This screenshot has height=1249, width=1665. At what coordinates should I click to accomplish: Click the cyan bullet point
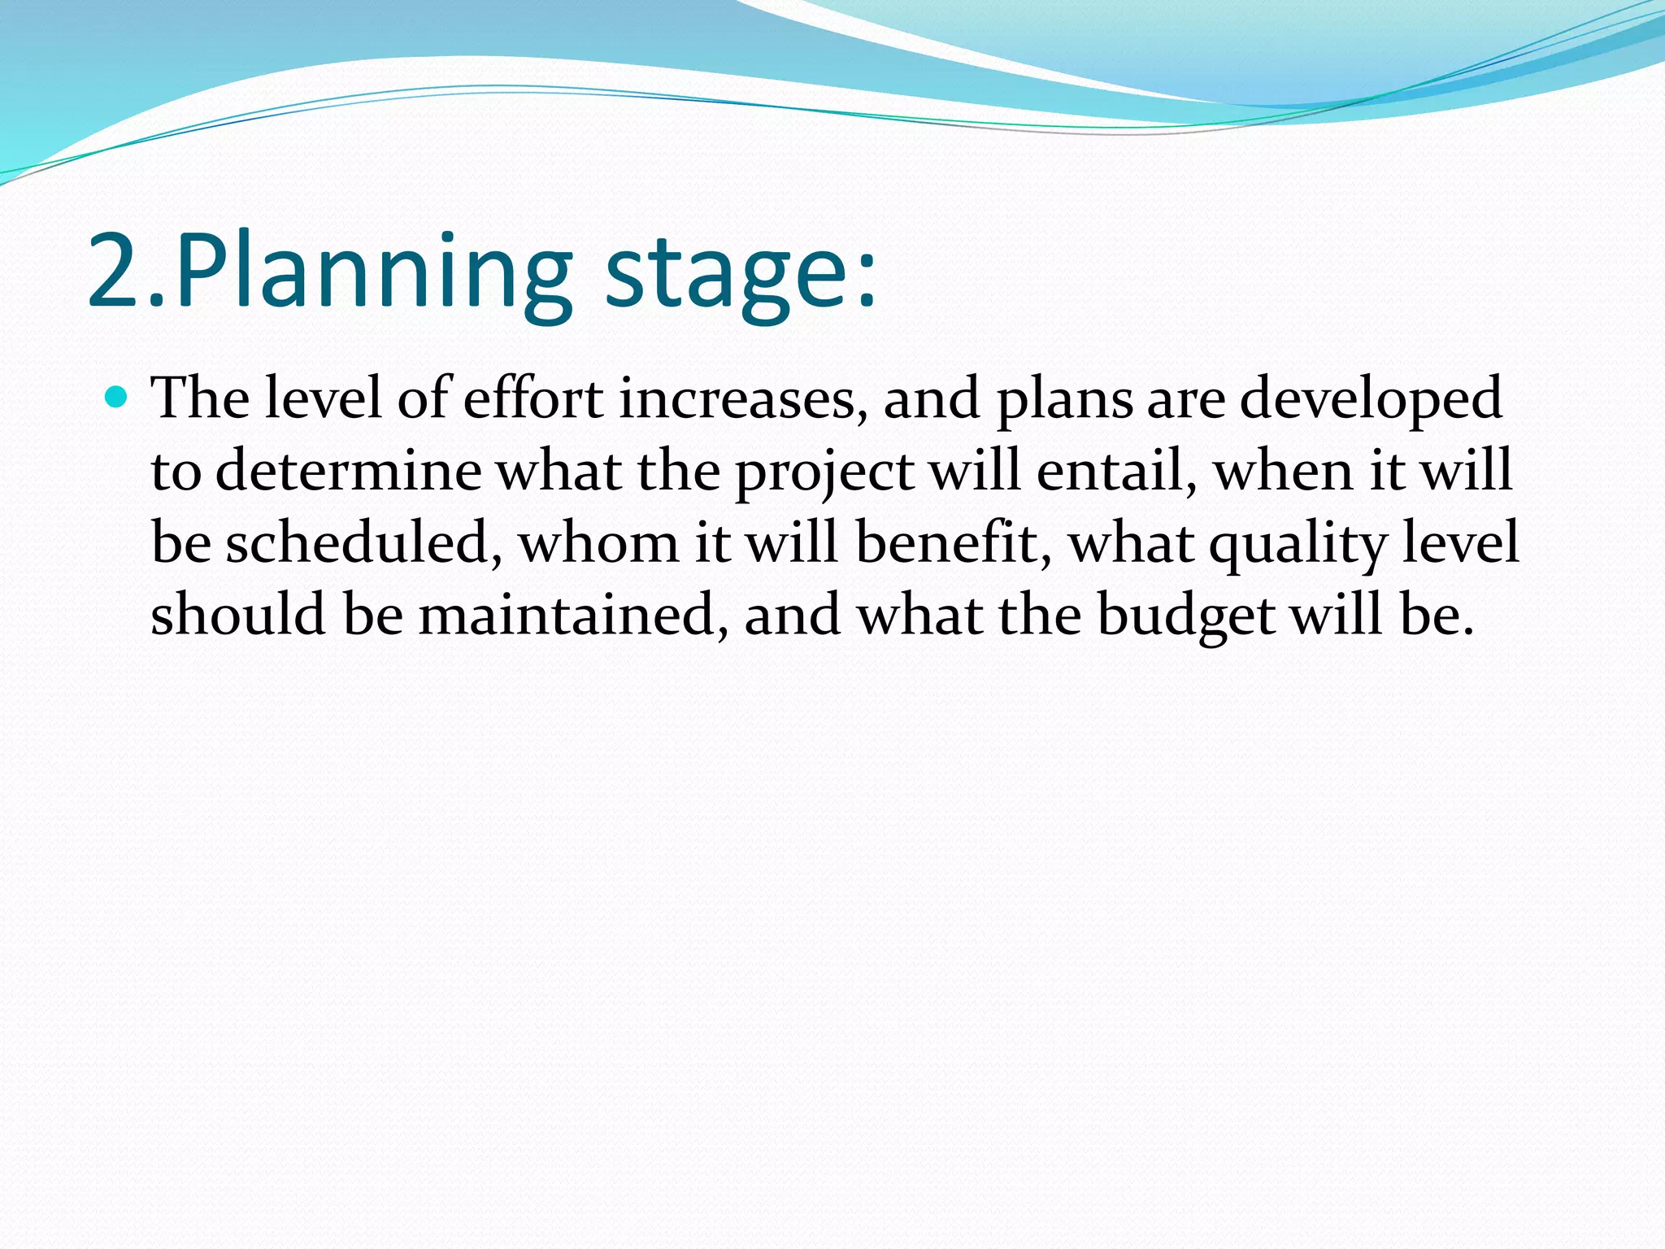click(118, 398)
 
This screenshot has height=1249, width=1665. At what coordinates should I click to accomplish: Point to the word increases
click(743, 398)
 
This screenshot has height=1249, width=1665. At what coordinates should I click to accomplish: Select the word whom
click(598, 542)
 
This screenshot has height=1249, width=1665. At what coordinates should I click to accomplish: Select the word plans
click(1065, 401)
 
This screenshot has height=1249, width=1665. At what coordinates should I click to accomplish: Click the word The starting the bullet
click(201, 398)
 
